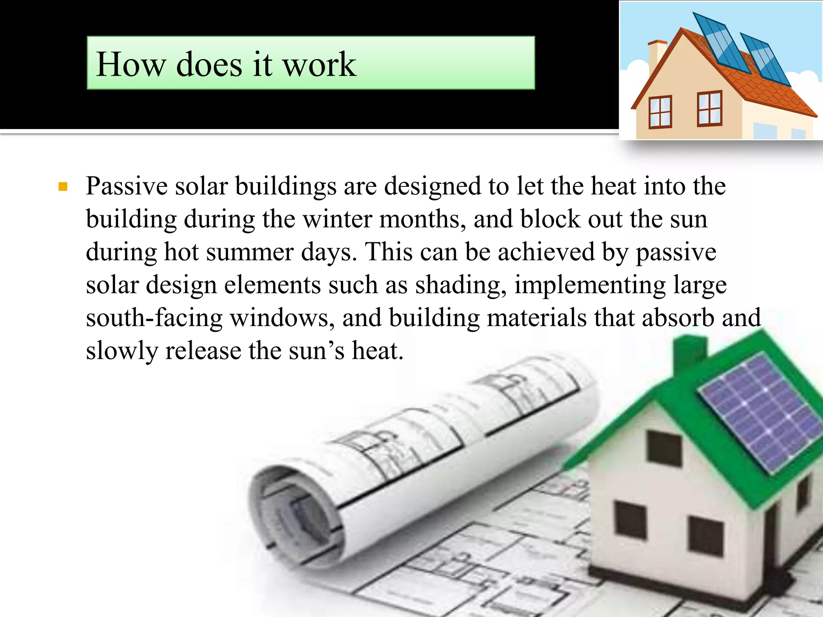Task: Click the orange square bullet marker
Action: tap(63, 187)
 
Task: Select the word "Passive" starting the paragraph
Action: tap(127, 186)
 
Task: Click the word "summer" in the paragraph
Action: tap(250, 252)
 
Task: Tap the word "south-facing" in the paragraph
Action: tap(154, 318)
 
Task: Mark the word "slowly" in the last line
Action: tap(122, 351)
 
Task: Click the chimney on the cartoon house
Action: tap(657, 54)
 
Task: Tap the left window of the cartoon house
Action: tap(660, 112)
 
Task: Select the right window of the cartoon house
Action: tap(709, 108)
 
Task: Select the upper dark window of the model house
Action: tap(665, 448)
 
